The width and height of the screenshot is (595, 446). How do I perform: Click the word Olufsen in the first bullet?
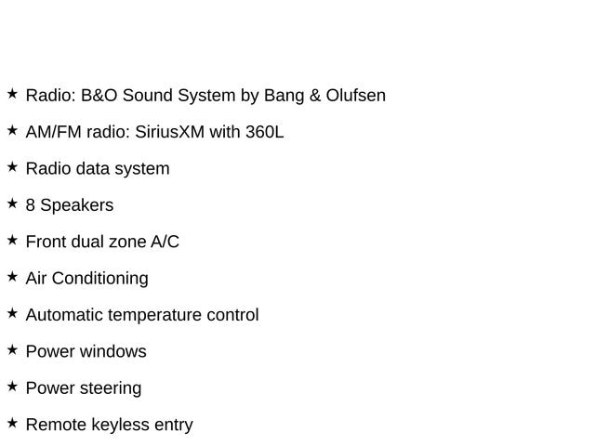point(354,96)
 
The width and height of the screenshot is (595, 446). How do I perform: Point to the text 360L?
point(264,132)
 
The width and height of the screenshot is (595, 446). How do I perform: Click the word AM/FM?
point(53,132)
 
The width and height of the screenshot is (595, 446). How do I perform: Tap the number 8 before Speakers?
point(31,205)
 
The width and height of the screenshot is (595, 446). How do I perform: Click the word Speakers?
point(77,205)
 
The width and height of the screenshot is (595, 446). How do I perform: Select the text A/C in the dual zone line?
point(165,242)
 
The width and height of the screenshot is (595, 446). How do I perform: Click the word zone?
point(126,242)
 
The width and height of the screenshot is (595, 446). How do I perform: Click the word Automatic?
point(64,315)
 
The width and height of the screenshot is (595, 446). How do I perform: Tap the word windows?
point(112,351)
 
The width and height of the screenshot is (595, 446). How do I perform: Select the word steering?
point(110,388)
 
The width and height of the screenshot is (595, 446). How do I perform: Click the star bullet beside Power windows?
point(12,349)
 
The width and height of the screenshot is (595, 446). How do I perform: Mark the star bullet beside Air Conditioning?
point(12,276)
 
